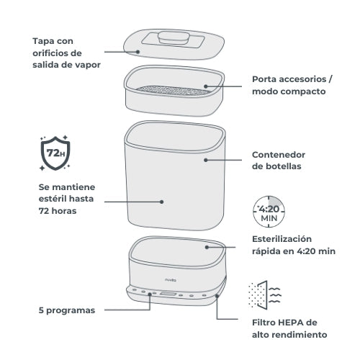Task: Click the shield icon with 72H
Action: (x=50, y=153)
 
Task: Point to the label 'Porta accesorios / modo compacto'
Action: (x=291, y=85)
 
